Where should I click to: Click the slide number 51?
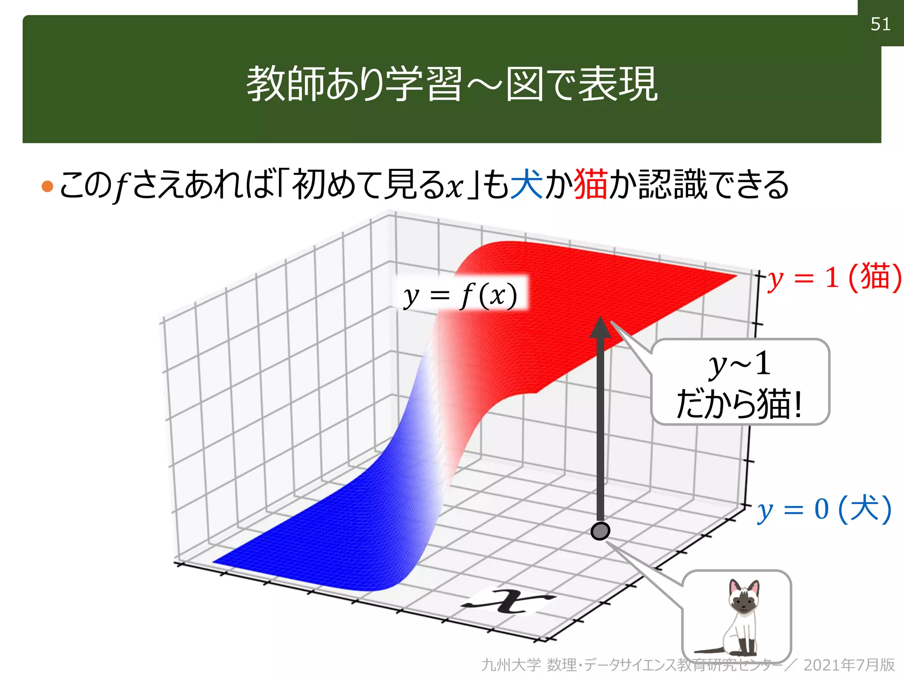click(880, 24)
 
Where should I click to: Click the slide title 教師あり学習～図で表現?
click(452, 84)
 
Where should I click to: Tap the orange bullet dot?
click(47, 186)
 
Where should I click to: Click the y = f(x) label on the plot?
click(460, 295)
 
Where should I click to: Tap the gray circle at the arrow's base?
click(600, 531)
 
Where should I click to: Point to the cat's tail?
click(708, 650)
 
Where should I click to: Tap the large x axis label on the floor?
click(508, 601)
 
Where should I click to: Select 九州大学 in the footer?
click(511, 665)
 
